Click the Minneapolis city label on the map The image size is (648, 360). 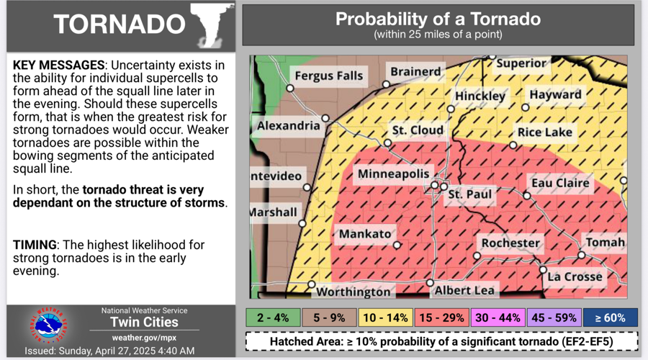tap(394, 175)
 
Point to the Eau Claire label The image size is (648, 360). tap(560, 183)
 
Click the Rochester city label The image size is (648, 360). tap(510, 243)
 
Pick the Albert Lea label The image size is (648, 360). tap(464, 291)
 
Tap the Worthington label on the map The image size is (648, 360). tap(354, 292)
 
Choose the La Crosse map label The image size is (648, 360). tap(574, 276)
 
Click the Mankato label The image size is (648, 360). tap(365, 234)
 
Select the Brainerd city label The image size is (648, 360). tap(415, 72)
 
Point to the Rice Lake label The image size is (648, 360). tap(545, 132)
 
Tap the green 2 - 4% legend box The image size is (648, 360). tap(273, 318)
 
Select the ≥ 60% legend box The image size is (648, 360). tap(610, 318)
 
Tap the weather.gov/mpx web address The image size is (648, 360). tap(144, 337)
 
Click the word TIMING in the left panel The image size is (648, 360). tap(35, 246)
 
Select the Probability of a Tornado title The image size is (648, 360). tap(438, 19)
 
